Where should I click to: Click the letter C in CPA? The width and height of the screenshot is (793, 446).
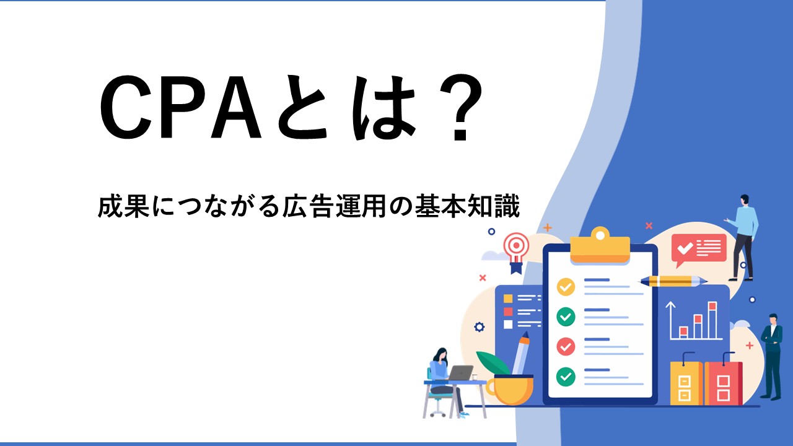[126, 107]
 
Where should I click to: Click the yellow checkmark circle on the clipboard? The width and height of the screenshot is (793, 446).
[566, 287]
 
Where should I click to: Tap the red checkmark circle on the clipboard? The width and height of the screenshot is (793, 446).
[566, 346]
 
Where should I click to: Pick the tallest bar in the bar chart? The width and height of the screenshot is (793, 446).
[712, 320]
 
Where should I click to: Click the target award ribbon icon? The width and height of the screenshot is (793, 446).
[517, 252]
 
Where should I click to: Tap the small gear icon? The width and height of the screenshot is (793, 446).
[480, 327]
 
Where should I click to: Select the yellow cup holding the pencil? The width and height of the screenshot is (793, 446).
[509, 390]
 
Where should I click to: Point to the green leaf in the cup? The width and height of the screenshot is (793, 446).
[493, 364]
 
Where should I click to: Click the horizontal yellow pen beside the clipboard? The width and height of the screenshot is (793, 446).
[673, 281]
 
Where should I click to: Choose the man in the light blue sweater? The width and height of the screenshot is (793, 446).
[743, 237]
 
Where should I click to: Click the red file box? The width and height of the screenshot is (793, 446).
[723, 380]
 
